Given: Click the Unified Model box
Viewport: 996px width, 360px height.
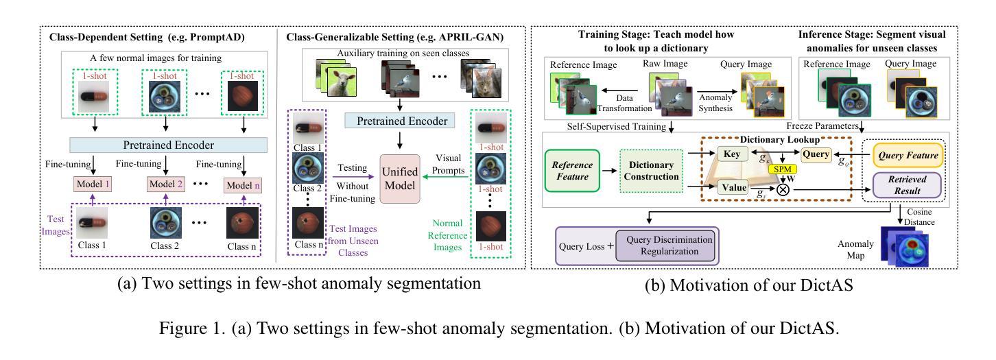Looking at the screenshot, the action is [x=400, y=179].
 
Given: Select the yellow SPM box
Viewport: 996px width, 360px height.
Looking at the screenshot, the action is [x=783, y=169].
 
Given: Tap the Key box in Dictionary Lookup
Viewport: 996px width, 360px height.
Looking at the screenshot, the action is [x=732, y=154].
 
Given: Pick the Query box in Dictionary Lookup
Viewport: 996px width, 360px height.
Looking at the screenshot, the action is [x=816, y=154].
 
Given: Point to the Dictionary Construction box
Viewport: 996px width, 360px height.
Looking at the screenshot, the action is [x=652, y=171].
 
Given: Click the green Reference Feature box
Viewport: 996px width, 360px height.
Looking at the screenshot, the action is [x=572, y=171].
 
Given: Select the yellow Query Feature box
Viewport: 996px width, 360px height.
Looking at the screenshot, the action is [x=908, y=155].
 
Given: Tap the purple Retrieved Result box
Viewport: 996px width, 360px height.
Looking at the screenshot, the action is [x=907, y=185].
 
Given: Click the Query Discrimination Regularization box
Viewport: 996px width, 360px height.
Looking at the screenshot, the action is [x=669, y=245].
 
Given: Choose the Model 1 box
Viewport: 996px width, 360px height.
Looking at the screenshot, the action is [x=93, y=184].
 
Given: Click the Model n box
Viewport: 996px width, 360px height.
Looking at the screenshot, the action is [x=243, y=185].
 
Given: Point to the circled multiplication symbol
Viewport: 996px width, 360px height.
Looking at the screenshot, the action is [x=783, y=190].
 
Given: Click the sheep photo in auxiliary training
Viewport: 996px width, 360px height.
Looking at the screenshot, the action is [x=341, y=81].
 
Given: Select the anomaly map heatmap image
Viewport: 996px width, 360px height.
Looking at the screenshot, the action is [x=911, y=250].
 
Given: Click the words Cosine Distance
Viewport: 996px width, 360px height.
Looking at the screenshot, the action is [x=919, y=217].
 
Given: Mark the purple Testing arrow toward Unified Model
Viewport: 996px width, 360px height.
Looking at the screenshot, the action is [x=354, y=176].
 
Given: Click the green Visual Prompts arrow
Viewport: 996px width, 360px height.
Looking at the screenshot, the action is [x=445, y=176].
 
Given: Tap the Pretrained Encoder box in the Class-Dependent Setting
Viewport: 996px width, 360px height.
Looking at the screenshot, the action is [x=169, y=145].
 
